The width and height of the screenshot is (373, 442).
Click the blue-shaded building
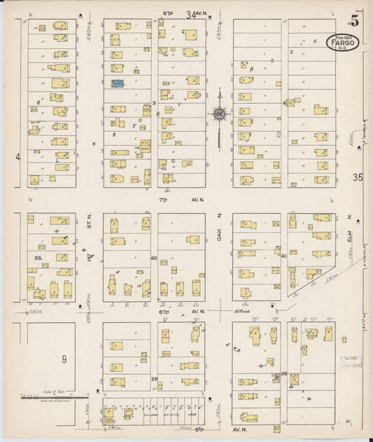(x=118, y=83)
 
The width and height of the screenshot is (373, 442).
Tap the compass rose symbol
(x=219, y=113)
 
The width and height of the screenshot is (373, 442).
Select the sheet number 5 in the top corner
(x=356, y=20)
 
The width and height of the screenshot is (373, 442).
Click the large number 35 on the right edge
(x=359, y=177)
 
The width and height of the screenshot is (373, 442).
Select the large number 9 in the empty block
(x=63, y=359)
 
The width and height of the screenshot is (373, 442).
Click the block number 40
(x=154, y=258)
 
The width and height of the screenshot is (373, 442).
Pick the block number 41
(x=283, y=256)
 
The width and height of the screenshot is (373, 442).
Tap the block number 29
(x=154, y=378)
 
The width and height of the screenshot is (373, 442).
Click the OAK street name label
(x=219, y=238)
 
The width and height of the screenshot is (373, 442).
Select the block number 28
(x=284, y=373)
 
